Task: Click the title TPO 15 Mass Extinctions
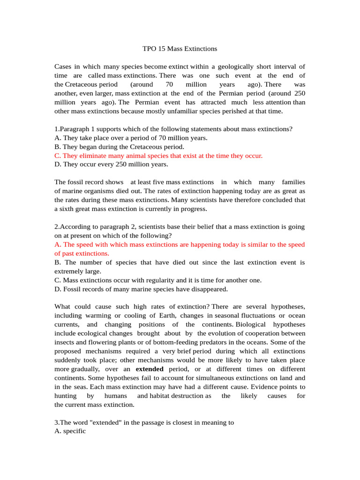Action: coord(180,48)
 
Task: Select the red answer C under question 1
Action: coord(158,156)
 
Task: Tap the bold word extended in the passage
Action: coord(150,369)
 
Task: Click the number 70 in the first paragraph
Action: coord(170,84)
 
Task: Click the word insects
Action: coord(66,342)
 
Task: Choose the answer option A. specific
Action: coord(70,431)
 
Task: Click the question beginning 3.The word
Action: coord(144,422)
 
